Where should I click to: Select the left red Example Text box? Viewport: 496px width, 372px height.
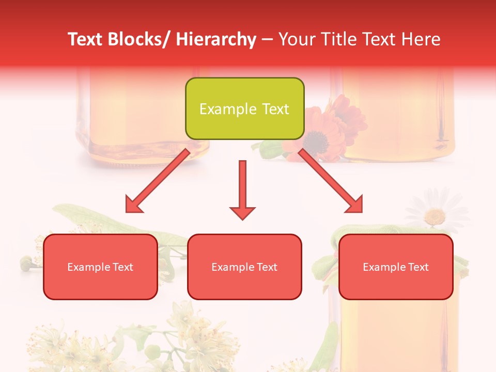coord(100,267)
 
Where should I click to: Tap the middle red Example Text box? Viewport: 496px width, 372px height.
coord(244,267)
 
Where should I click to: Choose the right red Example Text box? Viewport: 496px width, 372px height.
coord(396,267)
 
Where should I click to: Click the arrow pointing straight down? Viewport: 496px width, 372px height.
coord(242,189)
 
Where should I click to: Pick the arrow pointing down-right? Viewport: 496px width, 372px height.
coord(331,181)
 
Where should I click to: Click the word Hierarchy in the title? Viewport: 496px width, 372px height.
coord(215,39)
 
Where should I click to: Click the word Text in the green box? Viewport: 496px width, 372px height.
coord(275,109)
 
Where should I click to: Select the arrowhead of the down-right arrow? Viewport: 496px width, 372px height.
coord(355,205)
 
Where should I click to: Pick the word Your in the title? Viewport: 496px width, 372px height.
coord(296,39)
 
